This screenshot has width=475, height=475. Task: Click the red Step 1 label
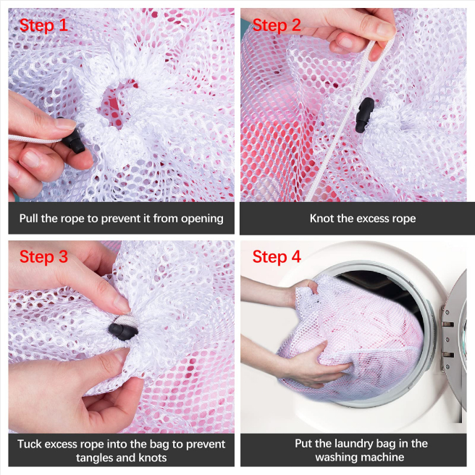[x=43, y=25]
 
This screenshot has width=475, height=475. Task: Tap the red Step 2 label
[x=277, y=25]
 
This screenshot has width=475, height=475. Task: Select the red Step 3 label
[x=43, y=257]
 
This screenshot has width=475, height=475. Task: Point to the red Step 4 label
[x=277, y=257]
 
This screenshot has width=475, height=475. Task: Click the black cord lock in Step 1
[x=72, y=140]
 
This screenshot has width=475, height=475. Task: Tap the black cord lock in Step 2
[x=365, y=115]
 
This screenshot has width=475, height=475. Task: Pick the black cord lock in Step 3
[x=123, y=332]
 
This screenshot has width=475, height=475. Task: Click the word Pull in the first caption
[x=29, y=219]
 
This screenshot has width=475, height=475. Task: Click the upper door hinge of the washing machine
[x=446, y=322]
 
